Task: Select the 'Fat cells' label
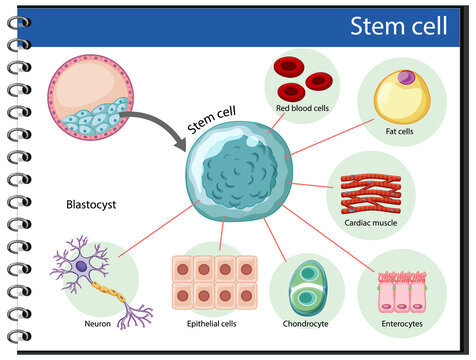tap(401, 129)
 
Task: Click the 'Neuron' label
tap(98, 324)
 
